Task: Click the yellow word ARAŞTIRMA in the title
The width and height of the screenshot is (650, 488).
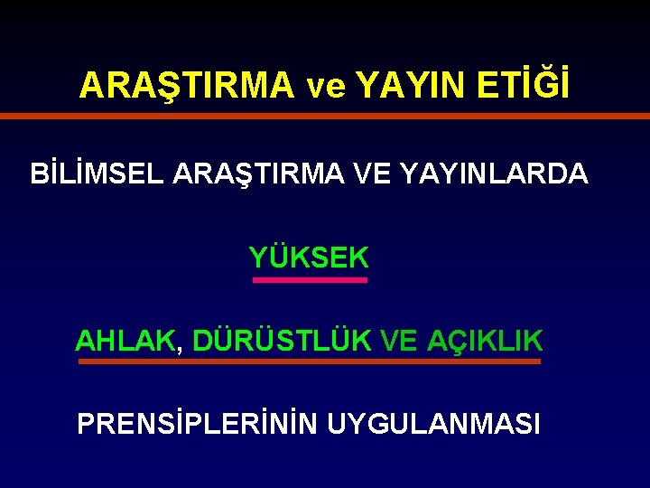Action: point(187,85)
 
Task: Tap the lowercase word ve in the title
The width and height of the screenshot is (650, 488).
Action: point(326,87)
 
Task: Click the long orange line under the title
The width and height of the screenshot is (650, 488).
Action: point(325,116)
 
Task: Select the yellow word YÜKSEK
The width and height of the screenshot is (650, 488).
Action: point(309,258)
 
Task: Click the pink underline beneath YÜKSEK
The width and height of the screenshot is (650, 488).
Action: point(310,280)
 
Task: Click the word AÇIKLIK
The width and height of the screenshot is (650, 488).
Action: point(485,341)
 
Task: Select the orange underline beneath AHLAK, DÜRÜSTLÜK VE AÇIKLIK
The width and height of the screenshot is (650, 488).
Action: point(309,361)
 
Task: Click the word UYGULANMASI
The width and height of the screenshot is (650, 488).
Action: point(434,423)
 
